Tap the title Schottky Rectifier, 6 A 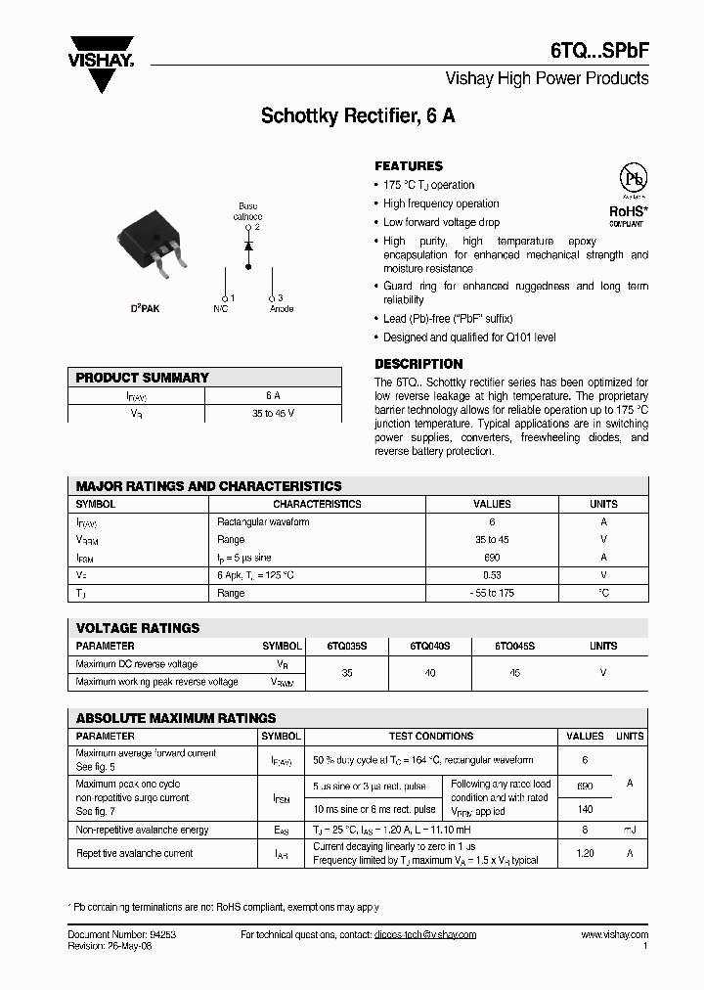coord(357,116)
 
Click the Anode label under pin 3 coord(282,308)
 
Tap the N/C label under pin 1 coord(220,308)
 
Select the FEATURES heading coord(409,166)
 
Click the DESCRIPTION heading coord(418,364)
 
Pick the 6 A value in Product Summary coord(273,396)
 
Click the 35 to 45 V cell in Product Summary coord(273,414)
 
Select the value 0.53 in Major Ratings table coord(491,575)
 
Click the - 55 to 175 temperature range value coord(491,593)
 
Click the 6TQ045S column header coord(514,646)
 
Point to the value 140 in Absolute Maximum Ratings coord(585,810)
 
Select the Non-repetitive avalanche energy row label coord(143,830)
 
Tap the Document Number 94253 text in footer coord(121,935)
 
